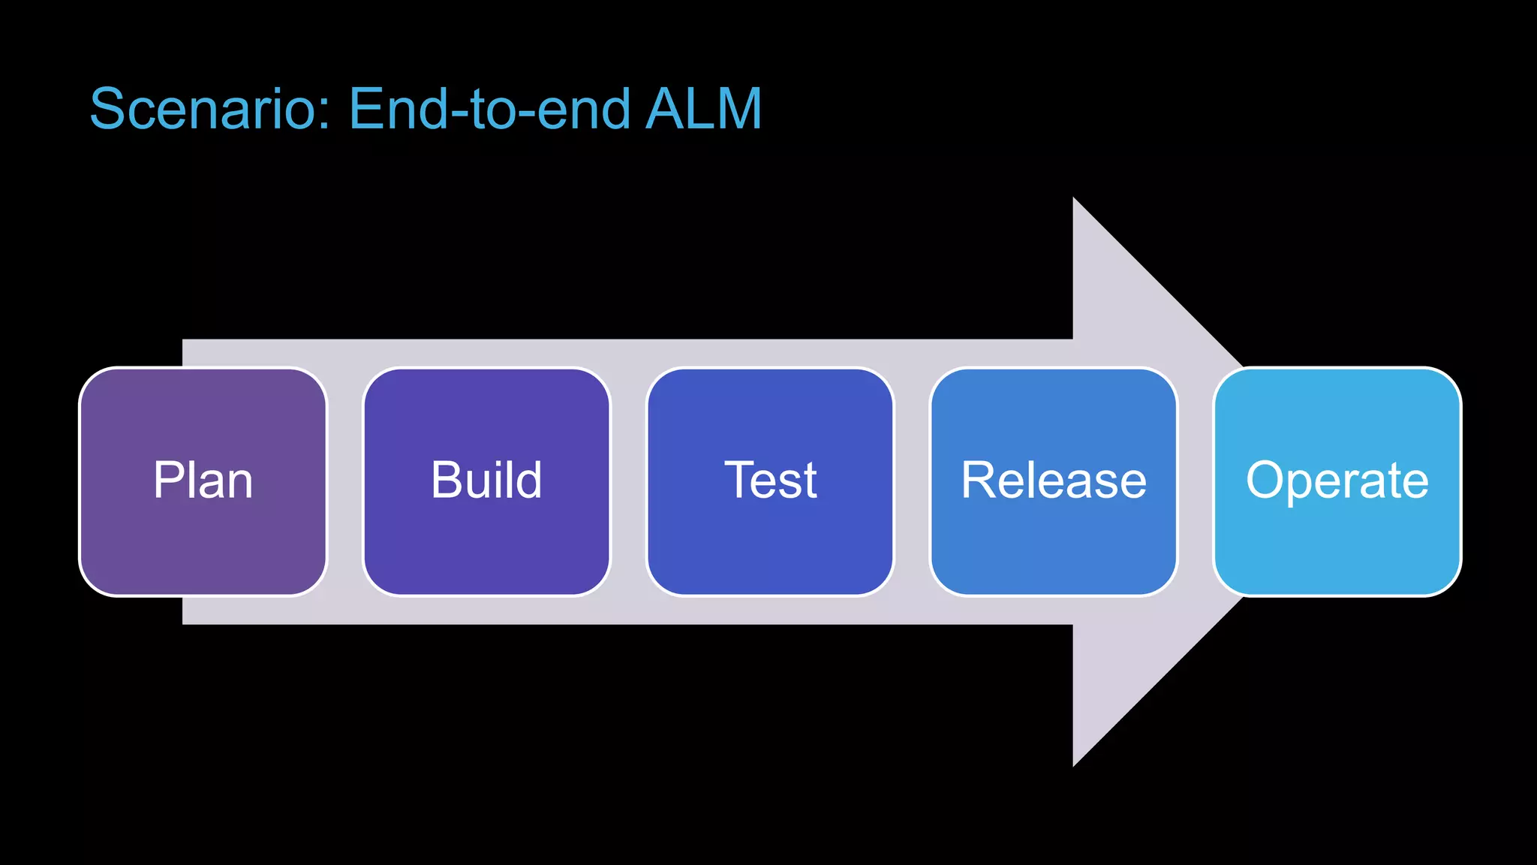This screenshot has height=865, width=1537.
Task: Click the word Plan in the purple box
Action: pyautogui.click(x=203, y=481)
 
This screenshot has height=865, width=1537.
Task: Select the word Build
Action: pyautogui.click(x=486, y=481)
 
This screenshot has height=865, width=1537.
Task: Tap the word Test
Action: pyautogui.click(x=770, y=481)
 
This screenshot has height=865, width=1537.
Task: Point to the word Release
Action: pyautogui.click(x=1054, y=481)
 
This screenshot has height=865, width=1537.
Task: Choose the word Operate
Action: pyautogui.click(x=1337, y=481)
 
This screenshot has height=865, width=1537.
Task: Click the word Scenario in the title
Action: pyautogui.click(x=200, y=109)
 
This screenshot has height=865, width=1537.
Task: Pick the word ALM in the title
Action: pyautogui.click(x=703, y=109)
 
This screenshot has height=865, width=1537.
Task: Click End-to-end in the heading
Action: pyautogui.click(x=489, y=109)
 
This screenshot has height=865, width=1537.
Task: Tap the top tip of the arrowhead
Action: pyautogui.click(x=1075, y=201)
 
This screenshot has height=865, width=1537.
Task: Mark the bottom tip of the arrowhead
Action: pyautogui.click(x=1075, y=762)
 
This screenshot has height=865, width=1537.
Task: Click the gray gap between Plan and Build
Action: pyautogui.click(x=345, y=481)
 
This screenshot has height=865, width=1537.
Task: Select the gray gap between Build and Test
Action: pyautogui.click(x=629, y=481)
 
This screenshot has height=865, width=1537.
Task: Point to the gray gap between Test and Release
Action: pyautogui.click(x=912, y=481)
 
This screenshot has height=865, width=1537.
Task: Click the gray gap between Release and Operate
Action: pyautogui.click(x=1196, y=481)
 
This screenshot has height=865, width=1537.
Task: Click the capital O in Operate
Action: pyautogui.click(x=1268, y=480)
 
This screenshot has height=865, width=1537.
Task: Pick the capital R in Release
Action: pyautogui.click(x=979, y=480)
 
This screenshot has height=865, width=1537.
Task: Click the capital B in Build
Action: pyautogui.click(x=447, y=480)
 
